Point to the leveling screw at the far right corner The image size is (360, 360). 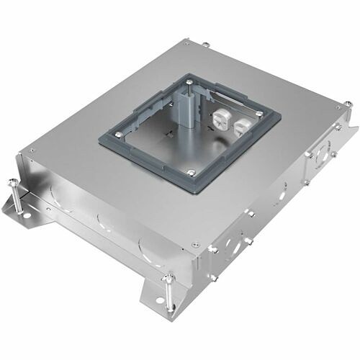[348, 108]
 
